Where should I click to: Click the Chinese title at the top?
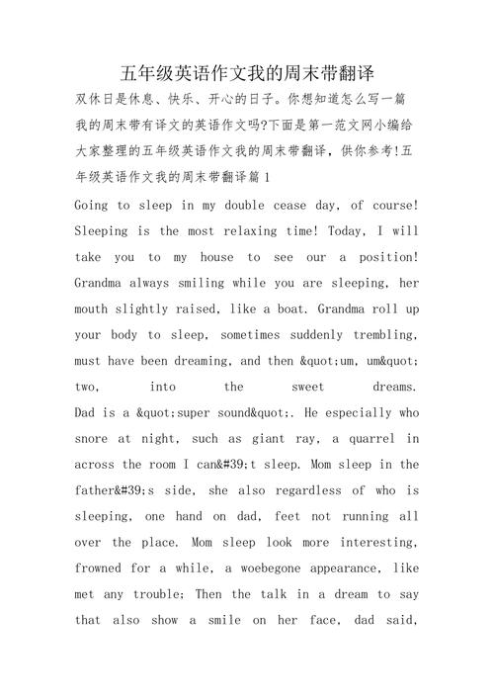click(247, 73)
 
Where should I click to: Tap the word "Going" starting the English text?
click(94, 205)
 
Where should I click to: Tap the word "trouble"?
click(177, 593)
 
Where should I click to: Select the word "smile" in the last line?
click(220, 620)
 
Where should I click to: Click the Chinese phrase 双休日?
click(96, 100)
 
